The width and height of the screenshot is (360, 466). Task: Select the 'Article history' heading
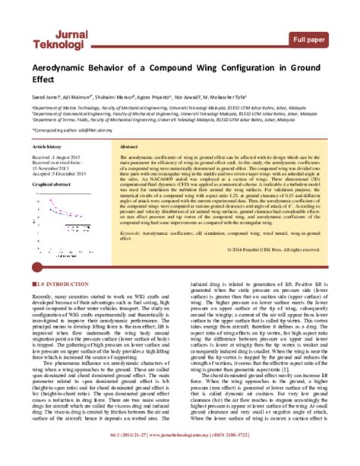[50, 146]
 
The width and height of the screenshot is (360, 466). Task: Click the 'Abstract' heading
[130, 146]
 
